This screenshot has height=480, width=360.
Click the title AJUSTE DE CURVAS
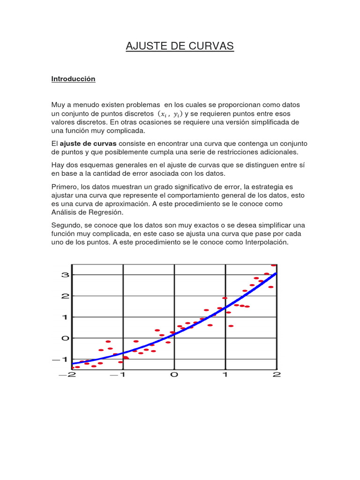point(180,46)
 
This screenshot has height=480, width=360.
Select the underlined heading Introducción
point(73,79)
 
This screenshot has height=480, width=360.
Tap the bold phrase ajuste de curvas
point(88,143)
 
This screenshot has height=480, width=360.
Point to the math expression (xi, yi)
point(170,114)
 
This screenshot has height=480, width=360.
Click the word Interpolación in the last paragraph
point(267,242)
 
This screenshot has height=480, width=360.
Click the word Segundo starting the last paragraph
point(67,225)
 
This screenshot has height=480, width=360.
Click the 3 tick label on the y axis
point(65,275)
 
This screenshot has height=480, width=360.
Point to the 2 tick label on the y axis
point(65,296)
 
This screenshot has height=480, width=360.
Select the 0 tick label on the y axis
point(65,338)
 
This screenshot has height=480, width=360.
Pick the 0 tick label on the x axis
point(174,375)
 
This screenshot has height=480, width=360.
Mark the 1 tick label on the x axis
point(225,375)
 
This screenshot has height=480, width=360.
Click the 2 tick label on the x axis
point(276,375)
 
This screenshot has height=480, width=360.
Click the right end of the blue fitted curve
point(276,273)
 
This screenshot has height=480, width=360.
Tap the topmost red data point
point(274,265)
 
